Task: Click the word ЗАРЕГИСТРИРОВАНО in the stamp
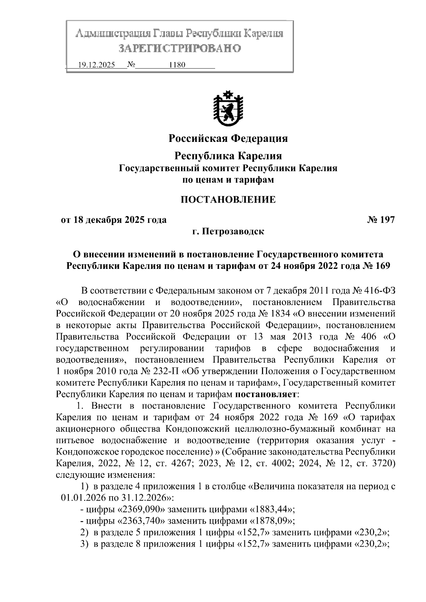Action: click(x=180, y=48)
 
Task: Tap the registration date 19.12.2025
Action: click(x=96, y=65)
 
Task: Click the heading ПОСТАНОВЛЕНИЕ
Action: click(x=228, y=199)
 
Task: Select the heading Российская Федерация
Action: click(x=228, y=138)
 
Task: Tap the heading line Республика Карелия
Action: click(x=228, y=156)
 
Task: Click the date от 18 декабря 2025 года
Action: click(x=114, y=220)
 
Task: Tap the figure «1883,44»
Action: click(x=273, y=509)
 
